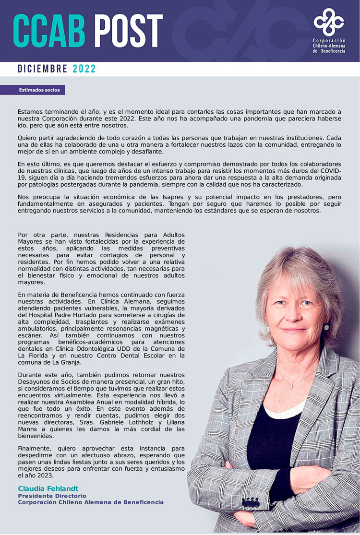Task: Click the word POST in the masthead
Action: point(128,30)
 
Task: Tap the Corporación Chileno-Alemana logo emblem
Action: point(329,22)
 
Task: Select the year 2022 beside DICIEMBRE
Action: point(84,69)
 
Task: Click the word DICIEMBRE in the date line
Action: point(42,69)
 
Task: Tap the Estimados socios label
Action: point(33,90)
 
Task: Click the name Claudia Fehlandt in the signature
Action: point(48,488)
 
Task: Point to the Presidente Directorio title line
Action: point(52,496)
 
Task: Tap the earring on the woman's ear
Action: point(326,327)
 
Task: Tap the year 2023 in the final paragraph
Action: point(44,475)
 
